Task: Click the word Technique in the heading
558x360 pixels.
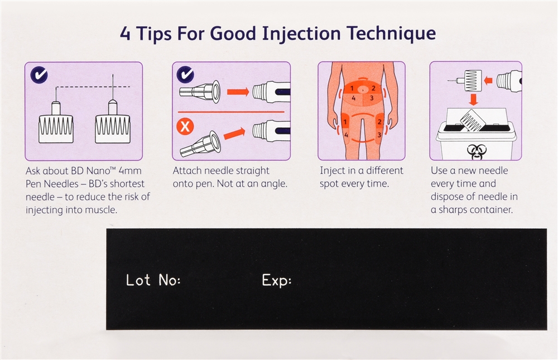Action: click(x=391, y=34)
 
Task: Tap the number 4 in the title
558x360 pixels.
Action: click(x=125, y=34)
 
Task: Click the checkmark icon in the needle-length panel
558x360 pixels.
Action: click(x=39, y=75)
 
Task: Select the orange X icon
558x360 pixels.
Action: click(x=185, y=126)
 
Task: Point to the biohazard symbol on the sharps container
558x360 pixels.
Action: click(x=475, y=152)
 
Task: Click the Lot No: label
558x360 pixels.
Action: click(x=153, y=280)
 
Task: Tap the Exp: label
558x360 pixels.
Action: click(x=277, y=281)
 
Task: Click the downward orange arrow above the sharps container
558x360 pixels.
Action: click(x=473, y=99)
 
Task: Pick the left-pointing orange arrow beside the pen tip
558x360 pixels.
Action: click(x=488, y=80)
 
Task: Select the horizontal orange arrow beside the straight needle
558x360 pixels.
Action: click(x=238, y=92)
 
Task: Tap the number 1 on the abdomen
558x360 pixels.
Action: click(x=352, y=88)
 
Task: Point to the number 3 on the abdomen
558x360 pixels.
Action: click(x=372, y=98)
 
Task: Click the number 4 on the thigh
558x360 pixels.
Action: click(x=346, y=135)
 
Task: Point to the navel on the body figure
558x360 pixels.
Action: click(x=362, y=90)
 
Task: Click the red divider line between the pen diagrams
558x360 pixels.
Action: click(x=232, y=112)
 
